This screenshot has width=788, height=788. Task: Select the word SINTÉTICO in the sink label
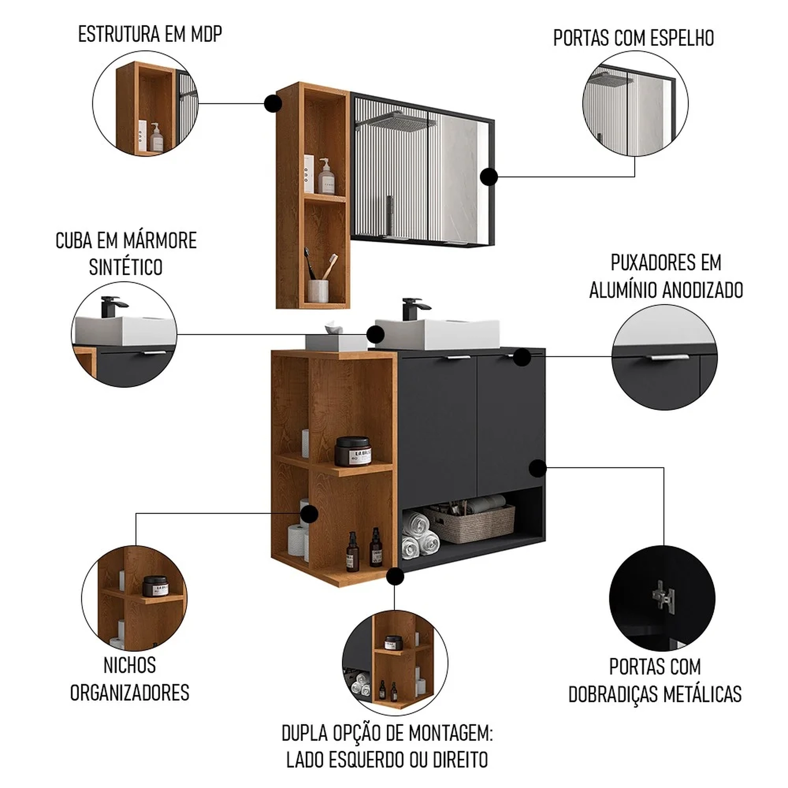[x=126, y=267]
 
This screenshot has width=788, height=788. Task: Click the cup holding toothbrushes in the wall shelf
[x=318, y=291]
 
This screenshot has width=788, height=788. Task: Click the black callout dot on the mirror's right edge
[x=489, y=177]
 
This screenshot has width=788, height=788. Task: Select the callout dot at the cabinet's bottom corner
[x=395, y=576]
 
